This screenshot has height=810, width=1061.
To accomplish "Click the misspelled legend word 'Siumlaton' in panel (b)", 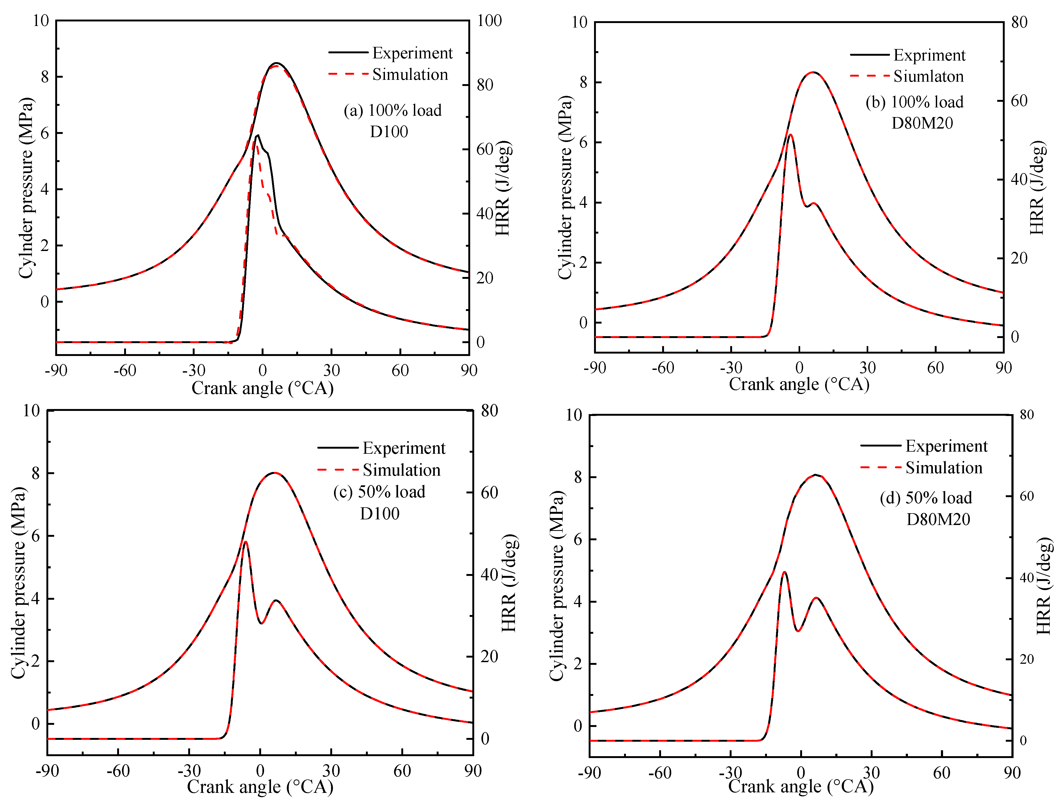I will pyautogui.click(x=928, y=76).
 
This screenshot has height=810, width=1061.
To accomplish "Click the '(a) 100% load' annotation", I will pyautogui.click(x=392, y=110).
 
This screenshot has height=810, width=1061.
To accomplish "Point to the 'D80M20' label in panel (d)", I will pyautogui.click(x=938, y=519).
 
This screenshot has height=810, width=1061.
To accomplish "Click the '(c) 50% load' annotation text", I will pyautogui.click(x=379, y=492).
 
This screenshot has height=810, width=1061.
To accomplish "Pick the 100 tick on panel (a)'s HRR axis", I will pyautogui.click(x=489, y=21).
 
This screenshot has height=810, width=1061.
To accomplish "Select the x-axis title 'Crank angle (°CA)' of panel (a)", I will pyautogui.click(x=262, y=388).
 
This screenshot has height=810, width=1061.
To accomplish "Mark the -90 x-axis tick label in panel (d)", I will pyautogui.click(x=589, y=773).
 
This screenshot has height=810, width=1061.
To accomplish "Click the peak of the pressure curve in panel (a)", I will pyautogui.click(x=276, y=63).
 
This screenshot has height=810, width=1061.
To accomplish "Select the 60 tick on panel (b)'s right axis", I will pyautogui.click(x=1019, y=101).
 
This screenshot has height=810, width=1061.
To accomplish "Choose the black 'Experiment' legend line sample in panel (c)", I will pyautogui.click(x=338, y=448).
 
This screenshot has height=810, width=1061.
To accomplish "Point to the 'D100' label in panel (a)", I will pyautogui.click(x=389, y=132).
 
